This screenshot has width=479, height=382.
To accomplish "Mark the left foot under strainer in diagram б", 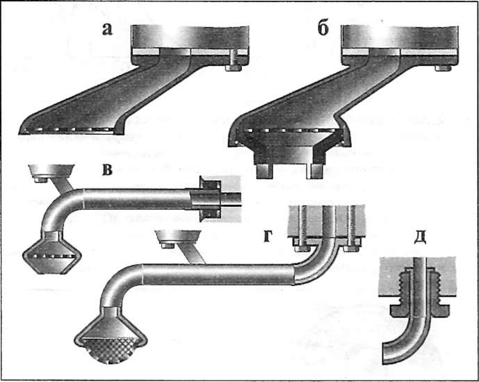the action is point(263,169).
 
